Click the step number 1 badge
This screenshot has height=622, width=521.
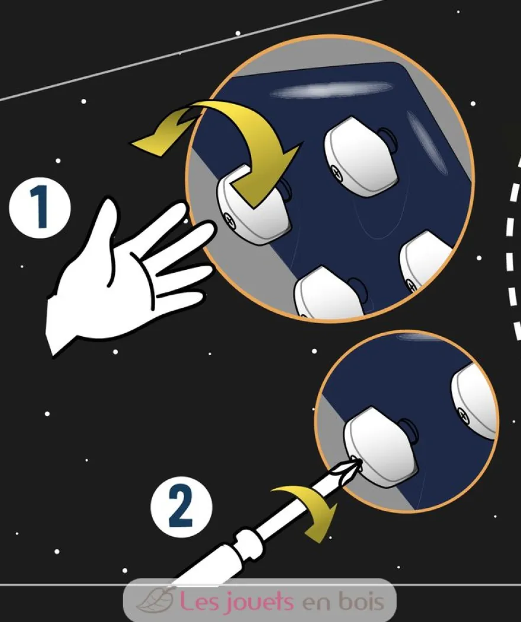39,208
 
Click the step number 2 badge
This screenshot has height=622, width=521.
181,507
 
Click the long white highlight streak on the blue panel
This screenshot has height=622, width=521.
331,89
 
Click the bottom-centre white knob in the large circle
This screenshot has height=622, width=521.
329,293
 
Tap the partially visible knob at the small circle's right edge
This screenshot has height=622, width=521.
475,400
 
